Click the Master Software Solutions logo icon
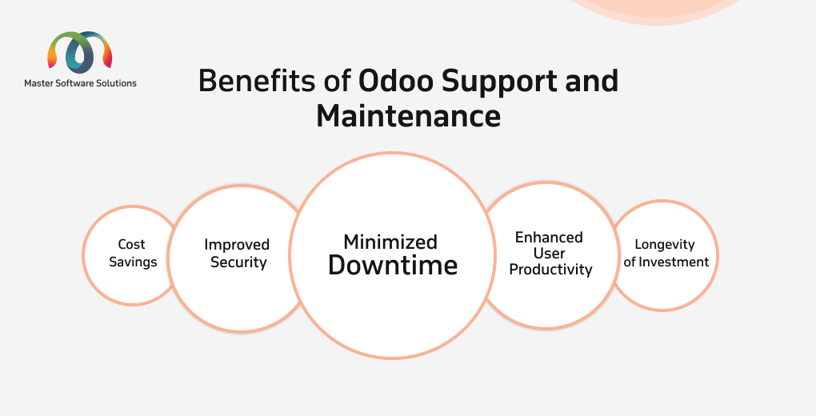(x=80, y=52)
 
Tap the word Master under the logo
(x=38, y=83)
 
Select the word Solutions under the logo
(x=116, y=83)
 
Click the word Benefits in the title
(x=257, y=82)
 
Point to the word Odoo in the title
(x=395, y=82)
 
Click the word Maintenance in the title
(x=409, y=116)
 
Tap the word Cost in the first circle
(x=132, y=244)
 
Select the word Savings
(x=133, y=262)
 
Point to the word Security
(x=238, y=262)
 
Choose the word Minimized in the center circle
(x=390, y=242)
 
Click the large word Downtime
(x=393, y=265)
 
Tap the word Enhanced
(x=549, y=238)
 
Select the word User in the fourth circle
(x=549, y=254)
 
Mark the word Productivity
(x=550, y=270)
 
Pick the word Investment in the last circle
(x=674, y=262)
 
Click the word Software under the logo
(x=74, y=83)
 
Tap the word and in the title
(x=592, y=82)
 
